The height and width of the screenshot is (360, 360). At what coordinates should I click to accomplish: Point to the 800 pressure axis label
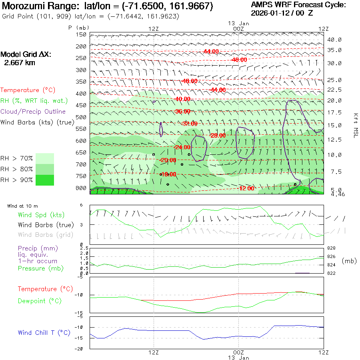[81, 188]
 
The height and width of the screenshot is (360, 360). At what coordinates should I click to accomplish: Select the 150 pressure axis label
[81, 35]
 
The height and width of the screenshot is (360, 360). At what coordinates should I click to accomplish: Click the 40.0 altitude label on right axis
[334, 40]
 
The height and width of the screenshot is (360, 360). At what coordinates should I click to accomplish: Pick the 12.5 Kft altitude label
[334, 140]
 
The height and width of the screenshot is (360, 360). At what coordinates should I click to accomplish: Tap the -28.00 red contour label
[218, 136]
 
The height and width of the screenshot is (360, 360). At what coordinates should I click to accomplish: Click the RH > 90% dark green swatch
[45, 180]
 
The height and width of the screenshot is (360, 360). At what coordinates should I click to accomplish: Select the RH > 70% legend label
[17, 158]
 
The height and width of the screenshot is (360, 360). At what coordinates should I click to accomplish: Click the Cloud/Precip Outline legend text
[33, 112]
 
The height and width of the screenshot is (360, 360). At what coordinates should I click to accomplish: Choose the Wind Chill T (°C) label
[44, 333]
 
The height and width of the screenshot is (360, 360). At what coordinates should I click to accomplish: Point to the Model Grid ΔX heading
[26, 55]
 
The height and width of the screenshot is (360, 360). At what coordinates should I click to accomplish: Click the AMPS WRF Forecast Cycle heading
[298, 5]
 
